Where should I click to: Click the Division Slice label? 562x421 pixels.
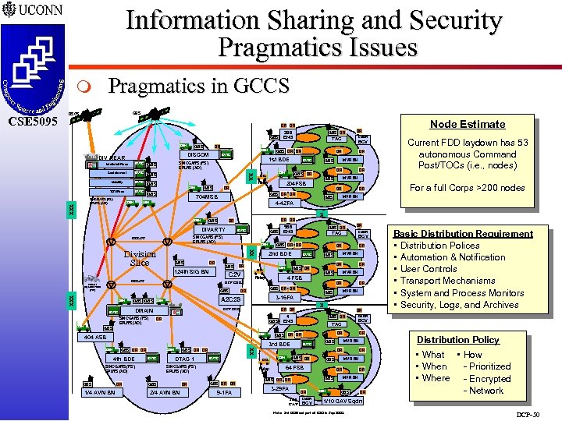pos(140,258)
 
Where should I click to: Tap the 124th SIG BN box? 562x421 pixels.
pos(192,272)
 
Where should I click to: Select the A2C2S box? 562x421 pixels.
pos(231,299)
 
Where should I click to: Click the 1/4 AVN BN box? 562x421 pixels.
pos(100,392)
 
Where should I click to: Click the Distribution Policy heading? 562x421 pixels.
pos(458,340)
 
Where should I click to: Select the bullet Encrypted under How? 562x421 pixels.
pos(489,378)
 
